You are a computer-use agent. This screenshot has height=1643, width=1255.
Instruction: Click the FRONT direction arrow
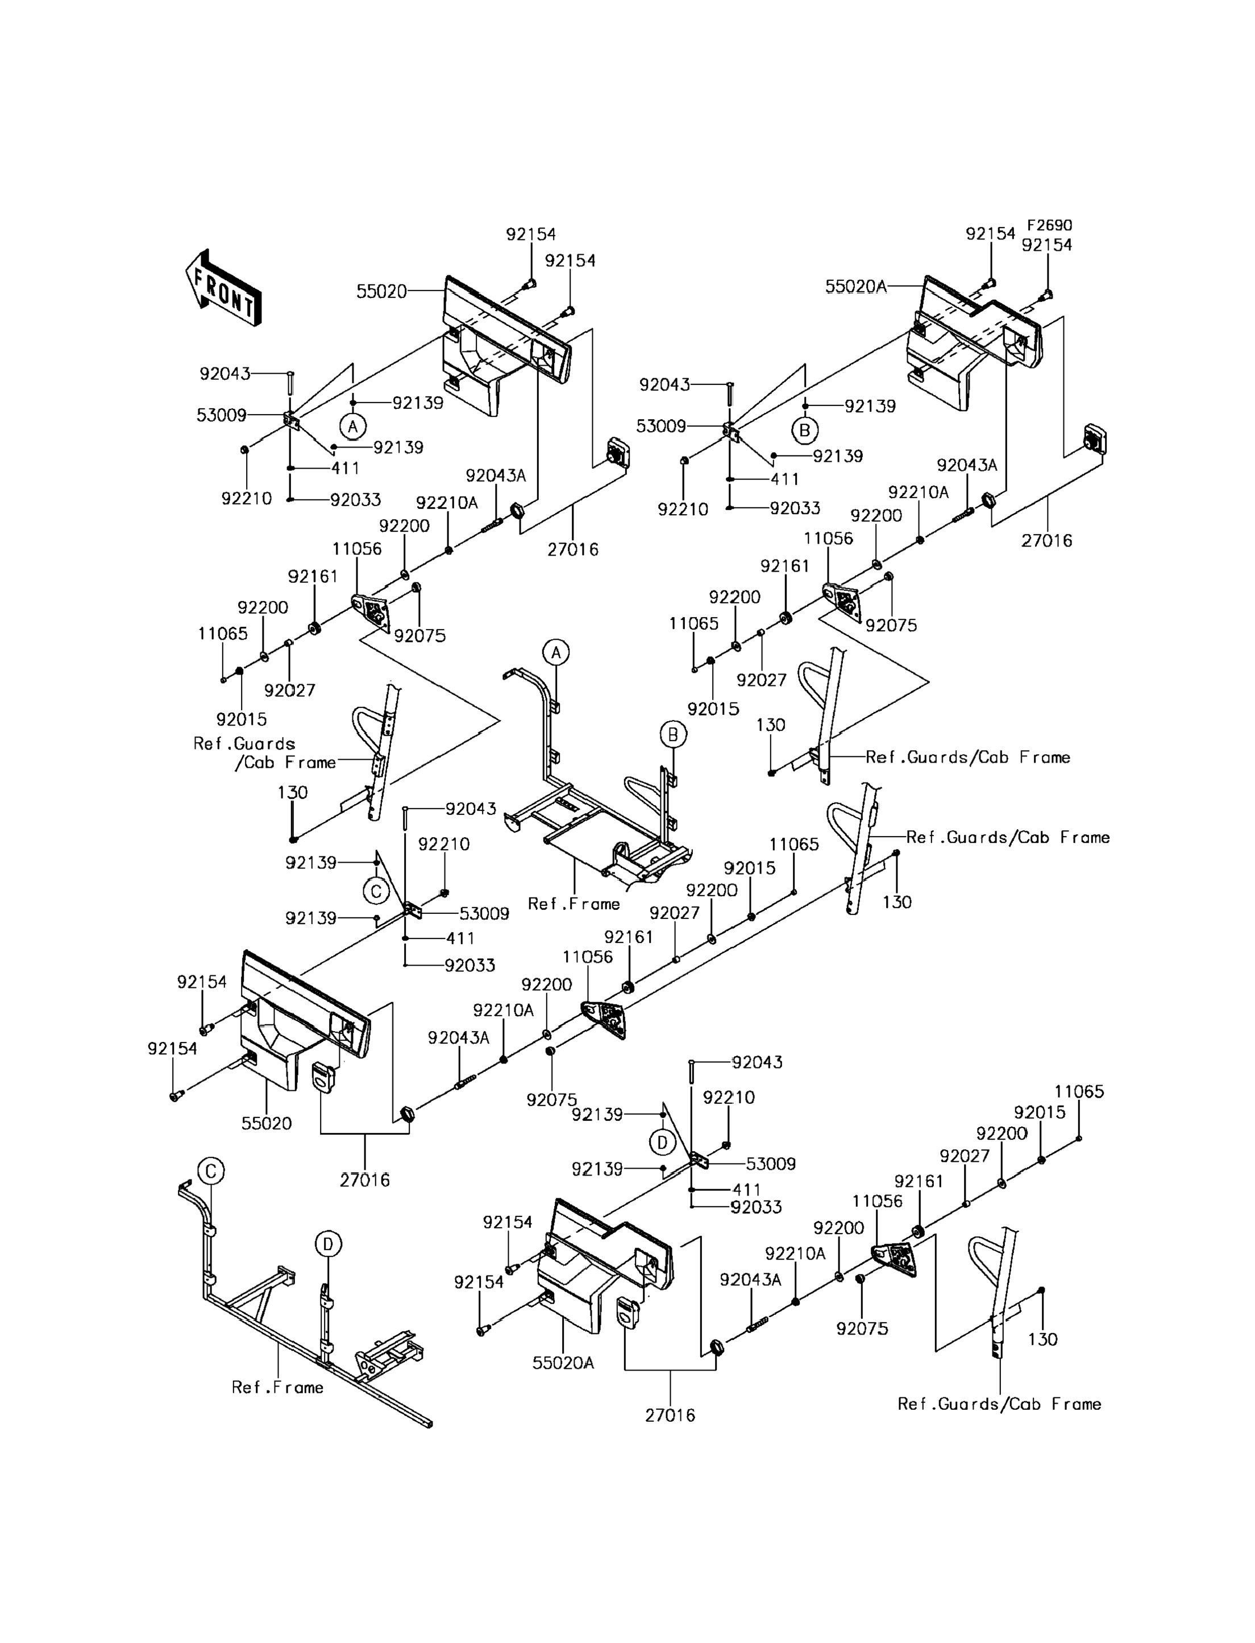pos(223,288)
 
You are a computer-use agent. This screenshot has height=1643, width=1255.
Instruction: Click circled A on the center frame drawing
pos(556,652)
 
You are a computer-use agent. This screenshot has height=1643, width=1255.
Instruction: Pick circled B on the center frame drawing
pos(673,735)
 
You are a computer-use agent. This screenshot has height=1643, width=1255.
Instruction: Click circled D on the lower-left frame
pos(328,1244)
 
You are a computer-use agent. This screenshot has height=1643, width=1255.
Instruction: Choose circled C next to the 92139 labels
pos(376,891)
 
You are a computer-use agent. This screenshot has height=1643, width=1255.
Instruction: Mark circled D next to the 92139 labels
pos(662,1142)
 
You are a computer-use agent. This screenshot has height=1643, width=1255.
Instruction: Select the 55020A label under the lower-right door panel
pos(563,1363)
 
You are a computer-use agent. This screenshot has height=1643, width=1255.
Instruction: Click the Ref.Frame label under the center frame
pos(574,904)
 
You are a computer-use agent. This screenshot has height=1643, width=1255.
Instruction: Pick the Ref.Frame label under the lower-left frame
pos(277,1387)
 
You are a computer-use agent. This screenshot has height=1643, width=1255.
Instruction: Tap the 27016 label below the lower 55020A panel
pos(670,1415)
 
